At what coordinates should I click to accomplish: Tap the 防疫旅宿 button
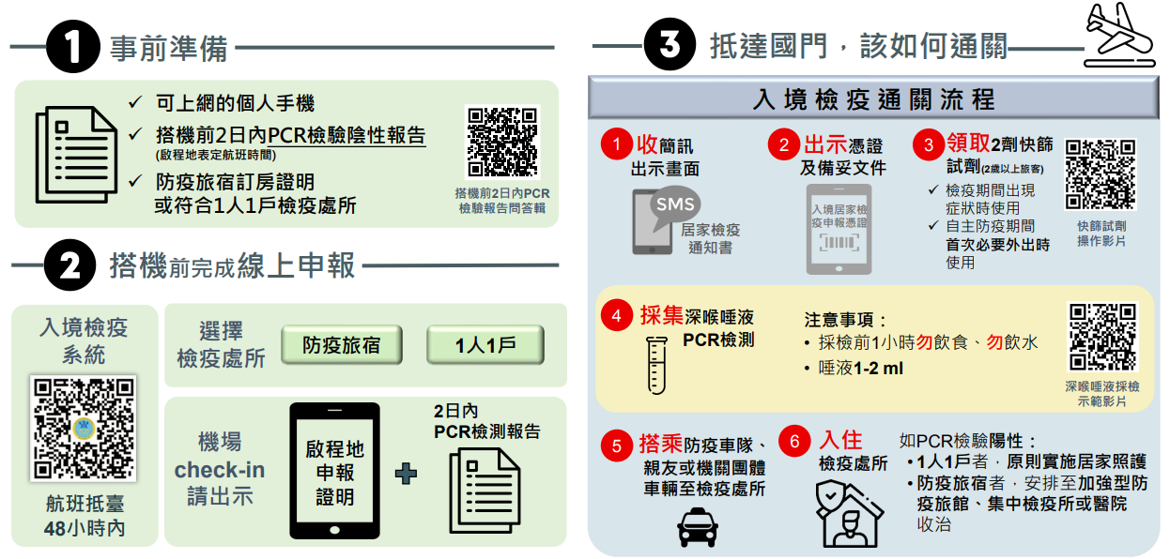coord(341,345)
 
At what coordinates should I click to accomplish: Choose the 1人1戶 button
coord(485,345)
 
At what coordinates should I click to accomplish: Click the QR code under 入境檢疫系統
coord(83,428)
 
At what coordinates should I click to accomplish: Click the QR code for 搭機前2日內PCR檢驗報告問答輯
coord(502,142)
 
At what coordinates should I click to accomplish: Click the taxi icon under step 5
coord(697,526)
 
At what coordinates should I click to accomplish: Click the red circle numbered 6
coord(795,442)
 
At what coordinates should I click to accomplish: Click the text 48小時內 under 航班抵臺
coord(84,528)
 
